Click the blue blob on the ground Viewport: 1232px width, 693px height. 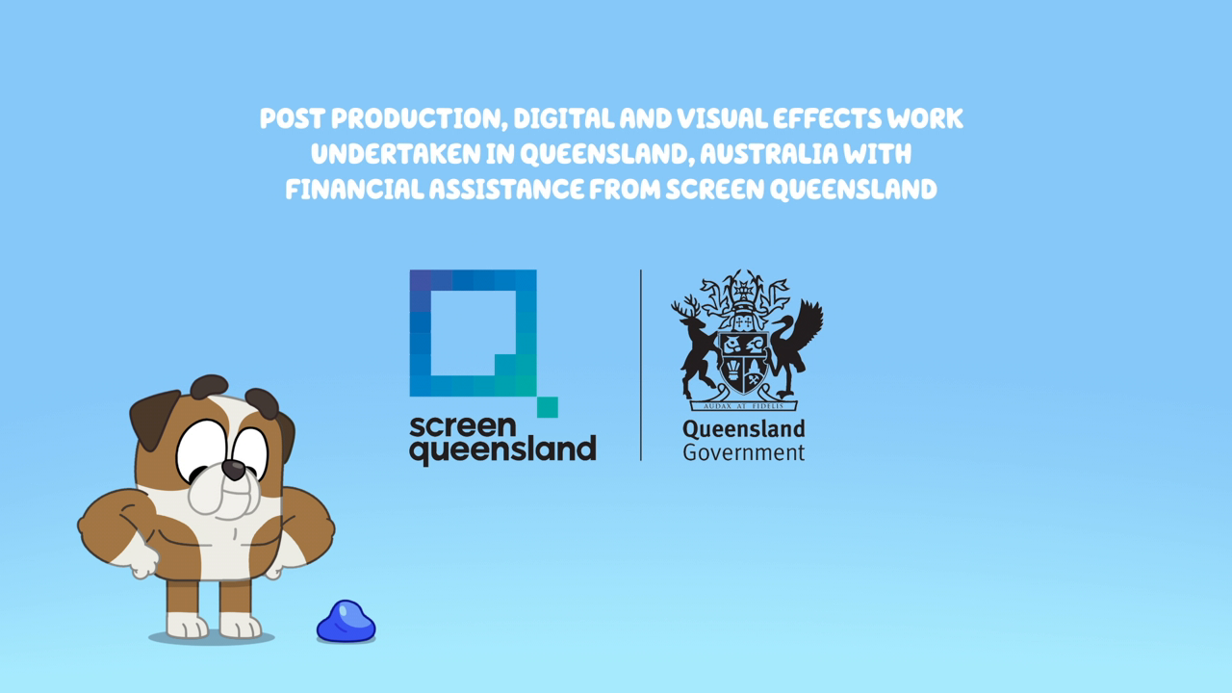[346, 622]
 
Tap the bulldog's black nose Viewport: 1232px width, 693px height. [234, 469]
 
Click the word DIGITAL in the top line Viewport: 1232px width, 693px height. [564, 118]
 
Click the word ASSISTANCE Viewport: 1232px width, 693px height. [506, 190]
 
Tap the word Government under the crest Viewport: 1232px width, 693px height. [744, 452]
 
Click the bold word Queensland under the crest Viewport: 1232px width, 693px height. [744, 429]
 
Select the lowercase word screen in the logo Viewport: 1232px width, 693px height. [463, 426]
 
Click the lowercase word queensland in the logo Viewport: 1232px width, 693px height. [502, 449]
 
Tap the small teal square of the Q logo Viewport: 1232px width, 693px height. [548, 407]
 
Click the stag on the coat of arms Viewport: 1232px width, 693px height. [696, 347]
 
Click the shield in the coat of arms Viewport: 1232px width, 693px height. [744, 363]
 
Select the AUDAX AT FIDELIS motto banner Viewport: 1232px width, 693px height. [744, 405]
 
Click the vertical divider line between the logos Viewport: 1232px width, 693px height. [641, 365]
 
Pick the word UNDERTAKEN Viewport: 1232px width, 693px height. [396, 154]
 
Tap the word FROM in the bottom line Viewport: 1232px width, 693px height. [625, 190]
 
